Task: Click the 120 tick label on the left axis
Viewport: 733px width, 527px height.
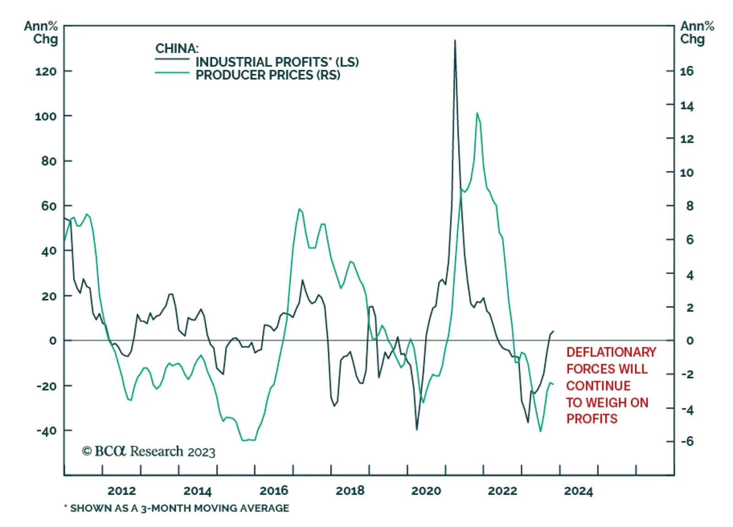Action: point(46,71)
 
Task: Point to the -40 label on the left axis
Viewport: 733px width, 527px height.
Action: point(46,430)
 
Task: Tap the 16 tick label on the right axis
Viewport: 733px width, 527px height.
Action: point(686,71)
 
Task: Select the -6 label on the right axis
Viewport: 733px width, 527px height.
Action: point(686,441)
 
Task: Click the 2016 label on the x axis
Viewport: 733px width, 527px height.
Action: point(274,491)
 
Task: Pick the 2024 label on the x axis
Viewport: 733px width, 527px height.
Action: point(578,491)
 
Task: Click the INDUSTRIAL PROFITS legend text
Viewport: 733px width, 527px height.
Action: point(277,62)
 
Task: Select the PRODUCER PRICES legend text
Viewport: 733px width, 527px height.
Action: point(268,75)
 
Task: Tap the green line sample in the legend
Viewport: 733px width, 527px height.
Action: point(172,73)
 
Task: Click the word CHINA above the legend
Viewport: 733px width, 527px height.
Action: point(176,48)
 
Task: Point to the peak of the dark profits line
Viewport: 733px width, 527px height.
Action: point(455,40)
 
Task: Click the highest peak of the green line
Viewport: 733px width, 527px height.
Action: point(477,113)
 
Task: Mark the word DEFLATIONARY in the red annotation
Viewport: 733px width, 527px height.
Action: point(611,352)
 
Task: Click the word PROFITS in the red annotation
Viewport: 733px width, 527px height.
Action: point(591,419)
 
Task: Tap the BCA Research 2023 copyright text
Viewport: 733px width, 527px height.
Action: point(148,451)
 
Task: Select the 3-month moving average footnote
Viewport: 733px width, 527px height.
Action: point(177,508)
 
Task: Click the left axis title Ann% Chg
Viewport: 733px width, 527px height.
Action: point(41,33)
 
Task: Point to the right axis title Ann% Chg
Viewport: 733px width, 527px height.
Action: point(697,33)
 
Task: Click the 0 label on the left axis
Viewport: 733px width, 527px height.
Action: point(53,341)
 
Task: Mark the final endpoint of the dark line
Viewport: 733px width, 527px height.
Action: point(553,331)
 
